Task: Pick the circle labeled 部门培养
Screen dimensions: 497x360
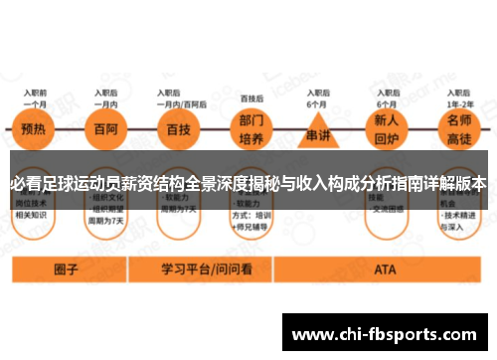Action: (251, 129)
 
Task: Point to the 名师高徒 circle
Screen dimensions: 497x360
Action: (459, 129)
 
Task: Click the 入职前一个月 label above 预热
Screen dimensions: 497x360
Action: (36, 97)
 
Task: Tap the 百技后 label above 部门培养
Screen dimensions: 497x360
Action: (251, 97)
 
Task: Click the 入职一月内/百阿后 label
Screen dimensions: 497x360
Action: (180, 97)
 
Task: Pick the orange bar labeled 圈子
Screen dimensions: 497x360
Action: (66, 269)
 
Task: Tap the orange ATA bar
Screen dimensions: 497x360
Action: (385, 269)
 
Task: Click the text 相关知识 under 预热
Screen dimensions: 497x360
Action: (34, 213)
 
